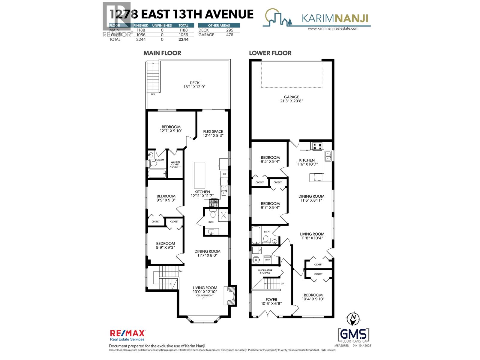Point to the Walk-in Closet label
[175, 163]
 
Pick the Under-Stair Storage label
[265, 271]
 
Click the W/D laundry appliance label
[267, 260]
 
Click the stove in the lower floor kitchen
[317, 147]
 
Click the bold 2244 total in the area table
[183, 39]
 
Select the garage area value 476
[229, 35]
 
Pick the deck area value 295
[229, 30]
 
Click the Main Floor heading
[162, 53]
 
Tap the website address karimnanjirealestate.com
[333, 28]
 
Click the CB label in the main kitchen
[224, 174]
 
